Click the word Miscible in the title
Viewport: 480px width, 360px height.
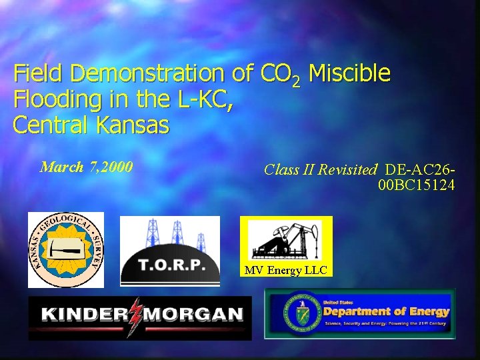pyautogui.click(x=350, y=73)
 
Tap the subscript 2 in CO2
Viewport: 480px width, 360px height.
pyautogui.click(x=297, y=80)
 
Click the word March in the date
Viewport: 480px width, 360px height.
pyautogui.click(x=62, y=167)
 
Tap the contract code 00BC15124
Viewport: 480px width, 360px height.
pyautogui.click(x=416, y=185)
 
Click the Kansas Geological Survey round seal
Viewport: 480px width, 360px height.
pyautogui.click(x=66, y=249)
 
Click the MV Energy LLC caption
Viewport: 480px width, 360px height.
pyautogui.click(x=283, y=270)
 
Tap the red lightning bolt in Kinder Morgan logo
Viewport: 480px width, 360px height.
pyautogui.click(x=137, y=315)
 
